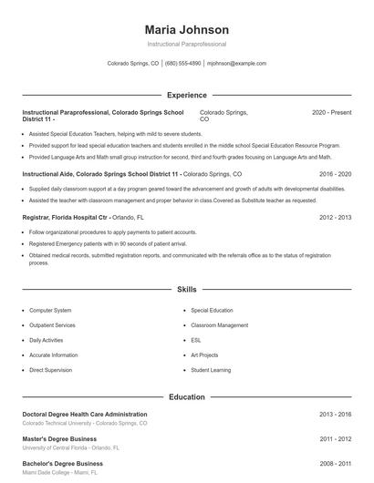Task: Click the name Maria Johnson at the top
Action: tap(186, 30)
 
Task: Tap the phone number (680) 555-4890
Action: tap(183, 64)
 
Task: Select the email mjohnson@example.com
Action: tap(236, 64)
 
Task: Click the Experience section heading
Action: tap(186, 95)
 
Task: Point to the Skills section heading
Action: tap(186, 289)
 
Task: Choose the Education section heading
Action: tap(186, 397)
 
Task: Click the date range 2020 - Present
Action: tap(331, 112)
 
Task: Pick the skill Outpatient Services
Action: tap(52, 325)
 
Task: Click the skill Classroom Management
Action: tap(219, 325)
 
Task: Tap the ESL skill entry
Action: tap(195, 340)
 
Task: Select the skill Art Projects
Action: tap(204, 355)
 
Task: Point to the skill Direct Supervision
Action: tap(51, 370)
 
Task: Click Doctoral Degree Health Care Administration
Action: tap(84, 414)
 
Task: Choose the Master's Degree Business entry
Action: tap(61, 438)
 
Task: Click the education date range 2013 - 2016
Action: tap(336, 414)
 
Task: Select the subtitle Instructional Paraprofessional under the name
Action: tap(186, 44)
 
